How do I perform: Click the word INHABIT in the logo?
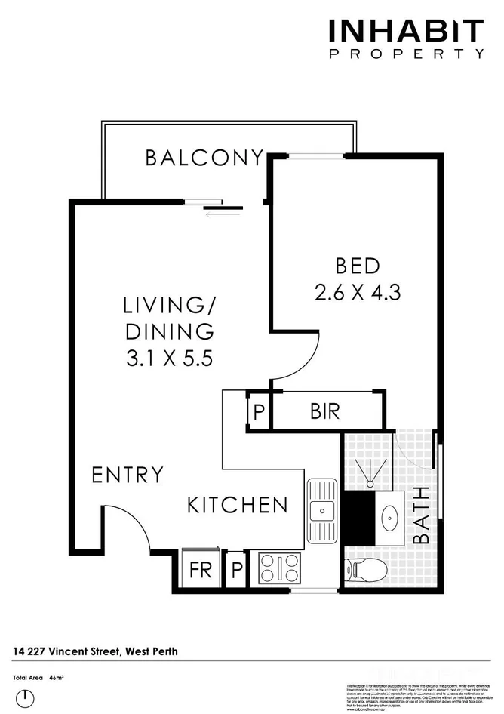405,32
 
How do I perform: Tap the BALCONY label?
204,158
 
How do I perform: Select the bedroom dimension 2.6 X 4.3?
357,292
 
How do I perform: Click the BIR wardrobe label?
324,412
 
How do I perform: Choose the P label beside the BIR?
259,413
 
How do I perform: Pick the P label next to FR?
237,570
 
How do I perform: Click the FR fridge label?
201,570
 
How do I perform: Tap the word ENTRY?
127,475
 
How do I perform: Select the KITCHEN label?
237,505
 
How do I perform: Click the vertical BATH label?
422,515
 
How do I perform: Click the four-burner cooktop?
279,568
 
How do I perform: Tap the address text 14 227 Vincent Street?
95,651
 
